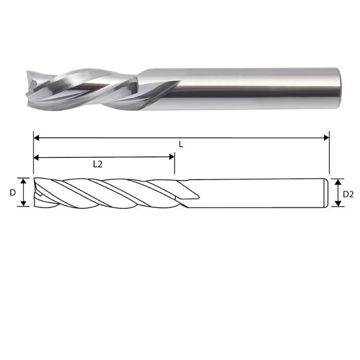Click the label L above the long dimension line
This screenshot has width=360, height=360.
(181, 145)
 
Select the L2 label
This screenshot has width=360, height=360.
(98, 165)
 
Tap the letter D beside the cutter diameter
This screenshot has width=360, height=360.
(12, 192)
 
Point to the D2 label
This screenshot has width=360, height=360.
(348, 194)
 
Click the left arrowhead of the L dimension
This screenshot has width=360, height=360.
(37, 137)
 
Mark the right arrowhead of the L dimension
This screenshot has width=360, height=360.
(326, 137)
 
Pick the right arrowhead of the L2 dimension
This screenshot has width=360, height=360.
(172, 157)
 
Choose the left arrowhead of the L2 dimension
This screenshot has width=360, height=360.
(37, 157)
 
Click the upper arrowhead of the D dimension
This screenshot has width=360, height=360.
(23, 180)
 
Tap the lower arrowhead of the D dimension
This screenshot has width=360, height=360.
(23, 204)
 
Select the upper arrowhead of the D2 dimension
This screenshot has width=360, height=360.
(337, 181)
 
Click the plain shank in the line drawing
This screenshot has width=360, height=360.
(257, 193)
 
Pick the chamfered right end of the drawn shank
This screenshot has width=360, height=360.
(326, 193)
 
